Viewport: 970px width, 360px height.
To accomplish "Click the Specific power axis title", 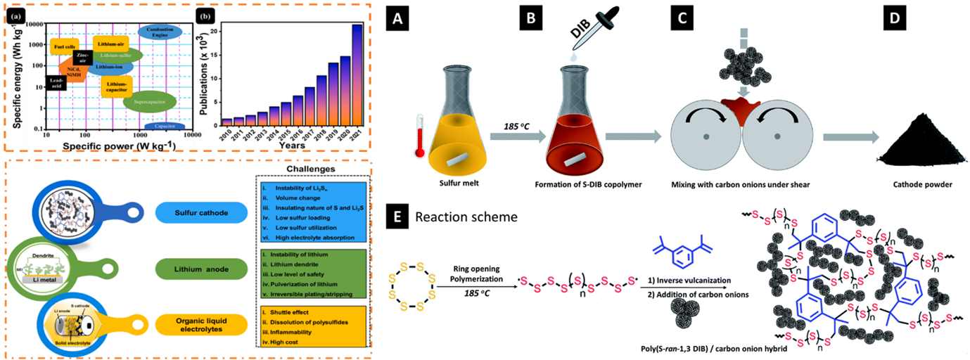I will point(117,145).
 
